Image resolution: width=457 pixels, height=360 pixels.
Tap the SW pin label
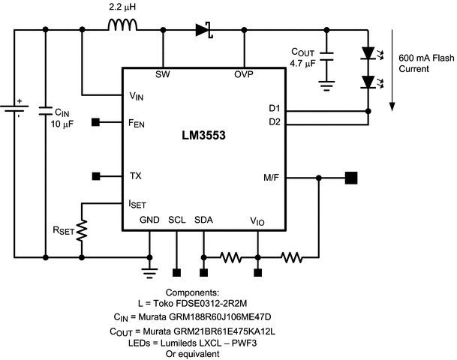pos(162,74)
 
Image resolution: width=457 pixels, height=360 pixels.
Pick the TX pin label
pos(136,176)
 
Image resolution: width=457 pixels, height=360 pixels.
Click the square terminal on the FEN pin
pos(96,121)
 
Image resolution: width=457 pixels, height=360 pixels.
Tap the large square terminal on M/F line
pos(350,178)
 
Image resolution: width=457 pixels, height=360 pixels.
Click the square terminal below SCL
pos(176,273)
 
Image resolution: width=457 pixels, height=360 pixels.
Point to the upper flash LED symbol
pos(368,52)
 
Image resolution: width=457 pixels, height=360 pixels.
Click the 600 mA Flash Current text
pos(425,63)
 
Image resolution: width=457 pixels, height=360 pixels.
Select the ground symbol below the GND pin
pos(149,271)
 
